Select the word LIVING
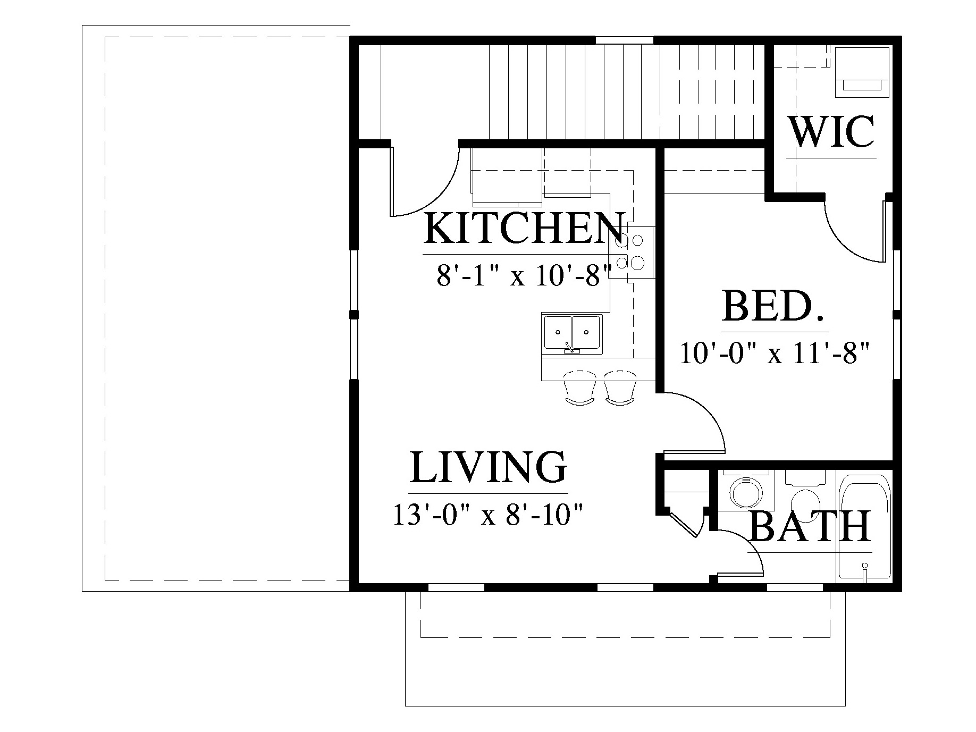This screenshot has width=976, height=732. click(488, 467)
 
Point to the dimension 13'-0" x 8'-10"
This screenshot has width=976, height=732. click(488, 515)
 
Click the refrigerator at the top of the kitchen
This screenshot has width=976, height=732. click(507, 177)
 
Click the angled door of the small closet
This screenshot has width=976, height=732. click(684, 524)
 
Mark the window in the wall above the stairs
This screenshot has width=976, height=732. click(624, 40)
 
